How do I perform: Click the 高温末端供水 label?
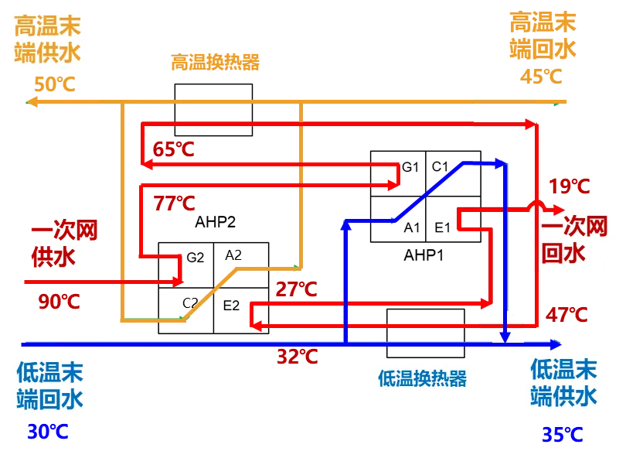coord(48,39)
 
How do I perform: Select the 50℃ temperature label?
coord(56,84)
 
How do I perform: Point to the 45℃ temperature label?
coord(540,77)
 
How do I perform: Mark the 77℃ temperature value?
coord(174,203)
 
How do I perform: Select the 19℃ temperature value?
coord(570,186)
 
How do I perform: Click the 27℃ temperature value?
coord(296,290)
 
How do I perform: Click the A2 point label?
coord(233,255)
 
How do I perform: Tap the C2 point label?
coord(190,302)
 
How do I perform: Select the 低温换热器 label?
coord(422,379)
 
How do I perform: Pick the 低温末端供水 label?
coord(563,382)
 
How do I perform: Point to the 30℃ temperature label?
coord(47,432)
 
